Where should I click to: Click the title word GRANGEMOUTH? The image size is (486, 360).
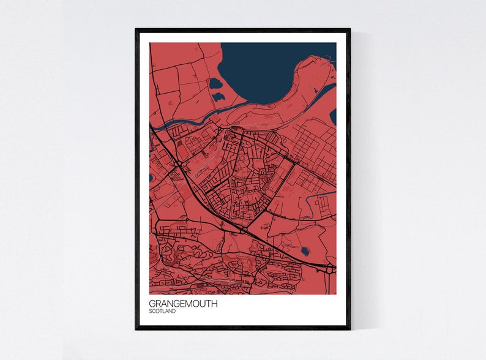(182, 303)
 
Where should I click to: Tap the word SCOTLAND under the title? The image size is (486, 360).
(162, 312)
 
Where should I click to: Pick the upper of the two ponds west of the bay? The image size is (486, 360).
(215, 83)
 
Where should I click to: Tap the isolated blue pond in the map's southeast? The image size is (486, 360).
(305, 250)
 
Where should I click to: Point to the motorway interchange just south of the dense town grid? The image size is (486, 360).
(244, 230)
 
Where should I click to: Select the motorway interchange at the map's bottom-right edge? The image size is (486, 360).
(331, 268)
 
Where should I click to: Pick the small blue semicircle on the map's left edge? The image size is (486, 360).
(151, 178)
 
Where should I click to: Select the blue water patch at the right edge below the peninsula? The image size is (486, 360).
(333, 116)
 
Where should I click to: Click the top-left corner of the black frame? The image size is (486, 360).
(136, 29)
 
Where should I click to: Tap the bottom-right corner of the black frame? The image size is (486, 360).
(350, 329)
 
